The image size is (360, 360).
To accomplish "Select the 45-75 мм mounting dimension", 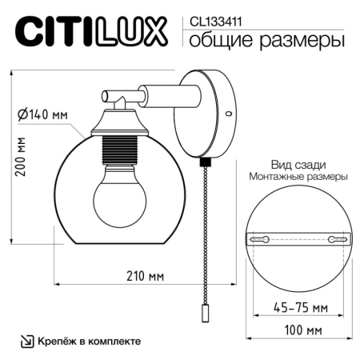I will pyautogui.click(x=286, y=307).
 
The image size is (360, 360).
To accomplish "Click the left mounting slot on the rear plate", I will pyautogui.click(x=262, y=238).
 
